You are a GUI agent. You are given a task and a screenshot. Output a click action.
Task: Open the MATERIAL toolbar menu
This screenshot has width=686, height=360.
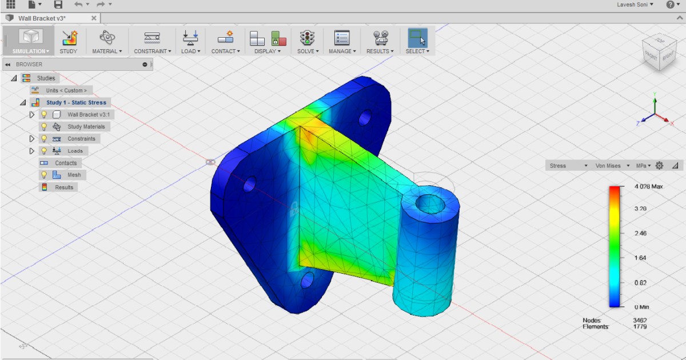click(107, 41)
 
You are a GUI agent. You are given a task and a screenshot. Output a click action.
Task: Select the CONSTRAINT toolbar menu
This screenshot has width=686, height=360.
click(151, 41)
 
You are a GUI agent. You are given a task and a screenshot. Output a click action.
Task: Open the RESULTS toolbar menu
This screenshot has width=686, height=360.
click(380, 41)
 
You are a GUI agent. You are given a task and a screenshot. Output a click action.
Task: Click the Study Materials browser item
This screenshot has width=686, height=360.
click(86, 127)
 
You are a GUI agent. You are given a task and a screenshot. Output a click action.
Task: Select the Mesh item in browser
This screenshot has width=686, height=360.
click(74, 175)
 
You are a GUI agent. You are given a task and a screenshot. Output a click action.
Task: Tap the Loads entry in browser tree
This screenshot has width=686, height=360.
click(75, 151)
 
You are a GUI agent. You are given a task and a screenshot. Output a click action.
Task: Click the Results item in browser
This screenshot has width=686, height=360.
click(64, 187)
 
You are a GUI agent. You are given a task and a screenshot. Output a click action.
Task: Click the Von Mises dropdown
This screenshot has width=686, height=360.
click(611, 166)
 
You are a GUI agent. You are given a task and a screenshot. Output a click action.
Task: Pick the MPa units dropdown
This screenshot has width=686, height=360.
click(643, 166)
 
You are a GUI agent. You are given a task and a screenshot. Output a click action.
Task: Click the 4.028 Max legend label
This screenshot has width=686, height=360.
click(648, 187)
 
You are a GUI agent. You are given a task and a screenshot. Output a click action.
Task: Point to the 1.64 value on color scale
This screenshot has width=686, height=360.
click(640, 258)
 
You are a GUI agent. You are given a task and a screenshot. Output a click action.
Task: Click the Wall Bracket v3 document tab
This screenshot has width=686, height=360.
click(41, 18)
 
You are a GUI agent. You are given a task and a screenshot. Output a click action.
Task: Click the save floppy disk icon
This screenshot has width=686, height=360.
click(58, 5)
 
